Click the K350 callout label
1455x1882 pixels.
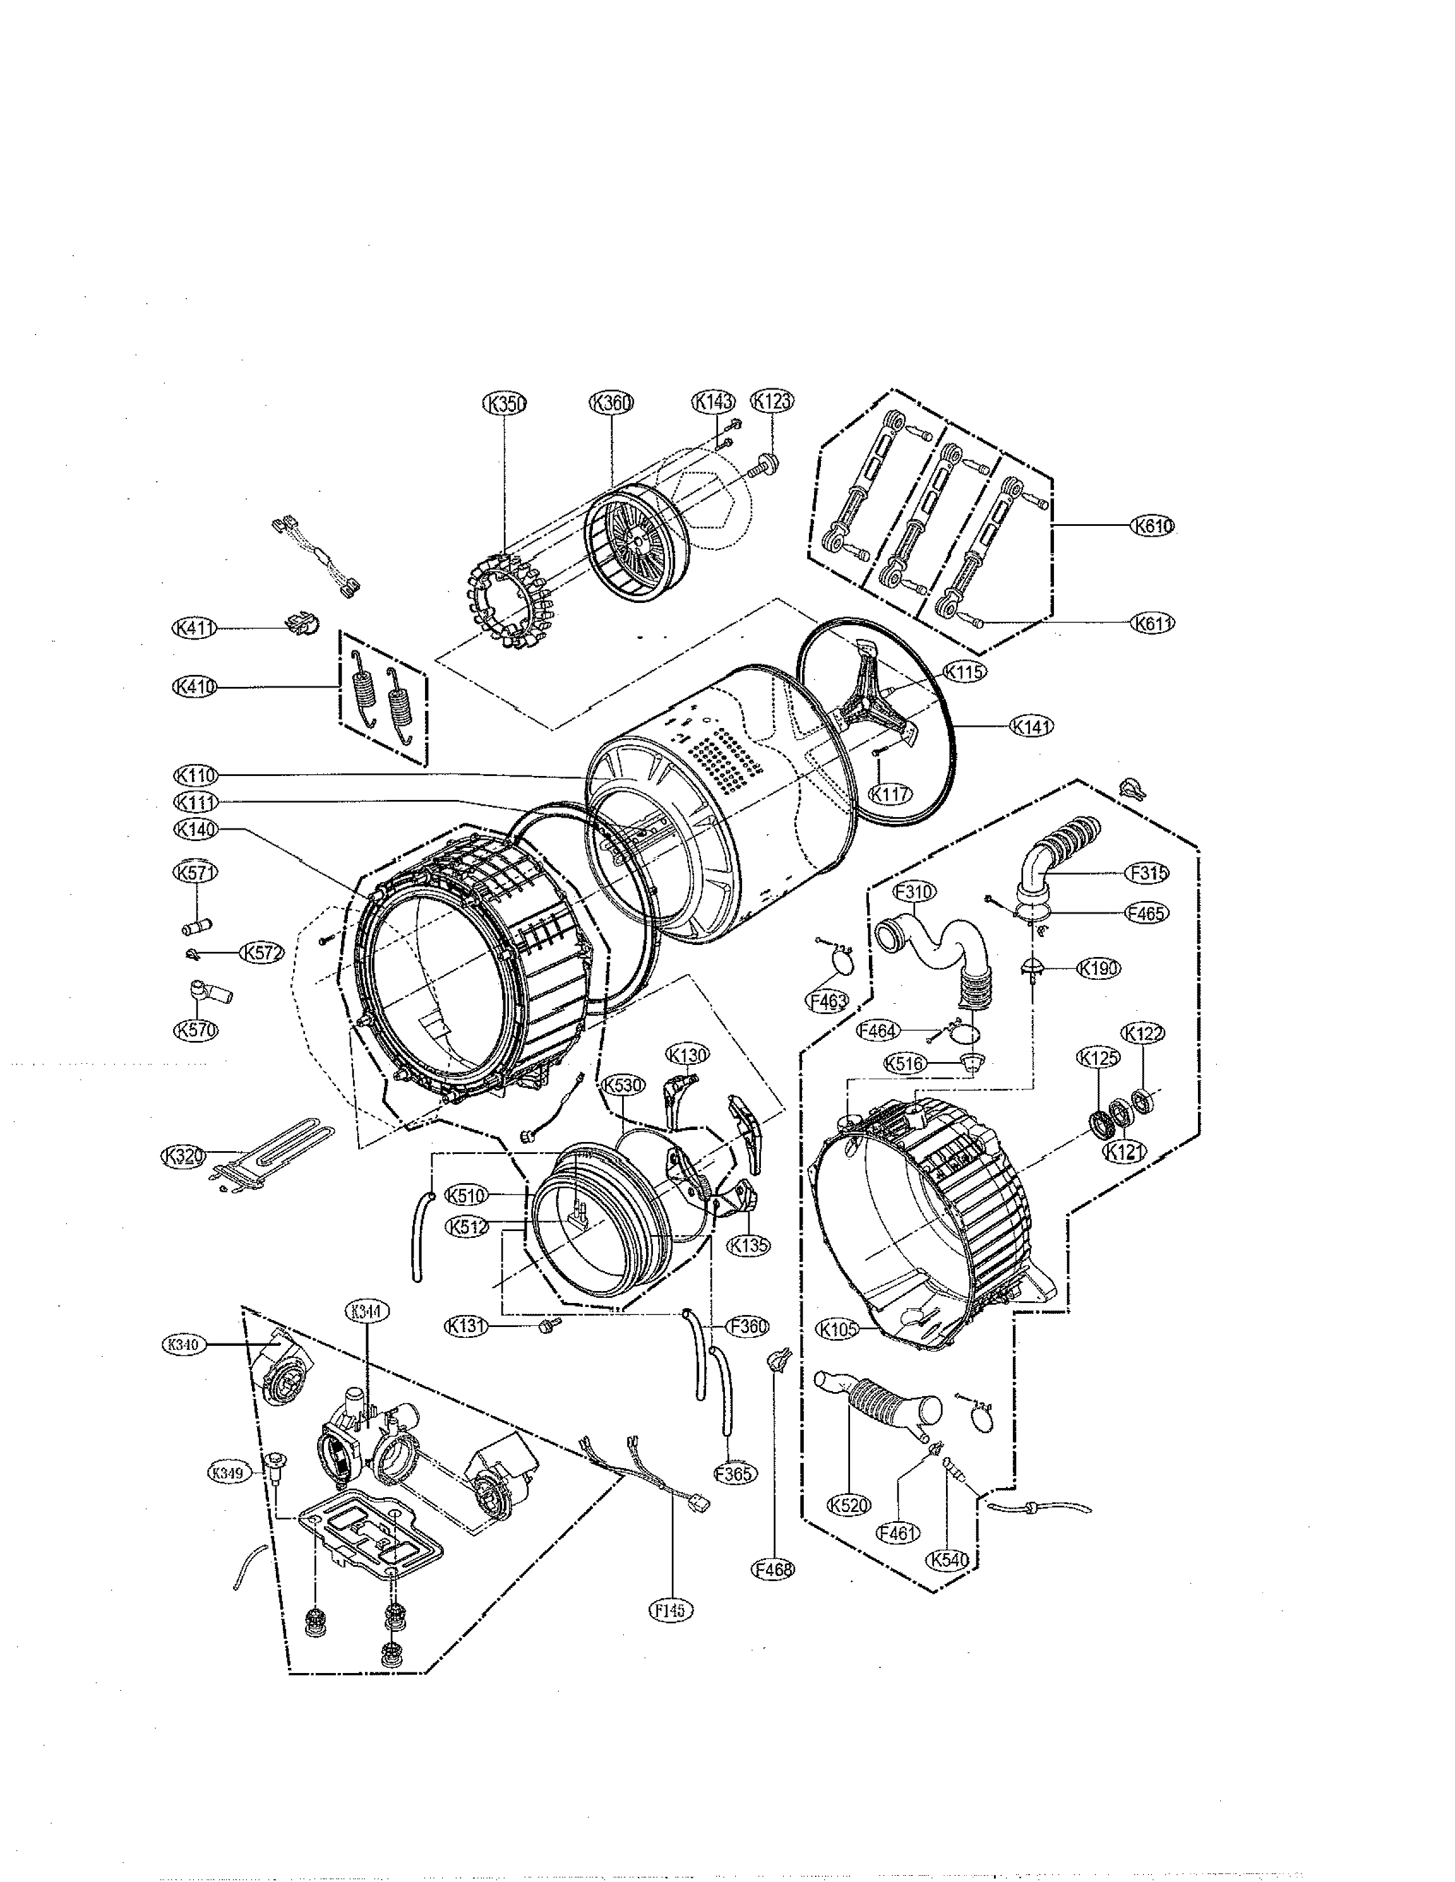(x=504, y=403)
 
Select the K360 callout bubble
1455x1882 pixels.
(x=611, y=403)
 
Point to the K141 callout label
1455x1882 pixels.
(x=1032, y=726)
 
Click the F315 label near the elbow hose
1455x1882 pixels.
(x=1147, y=873)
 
